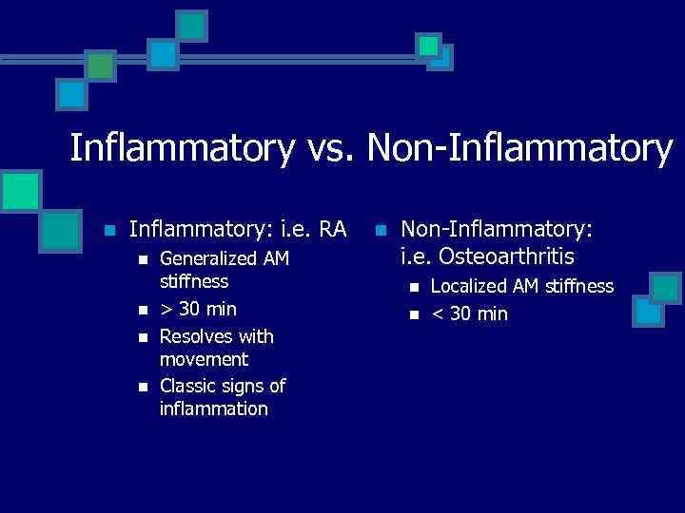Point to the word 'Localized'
471,286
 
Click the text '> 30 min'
198,309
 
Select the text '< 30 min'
470,313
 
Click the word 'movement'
204,359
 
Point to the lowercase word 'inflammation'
214,408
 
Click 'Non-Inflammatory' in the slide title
519,148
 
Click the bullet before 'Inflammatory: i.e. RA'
109,230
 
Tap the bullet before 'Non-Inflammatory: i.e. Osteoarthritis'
382,230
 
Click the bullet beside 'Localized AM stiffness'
414,287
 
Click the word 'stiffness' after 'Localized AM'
578,286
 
